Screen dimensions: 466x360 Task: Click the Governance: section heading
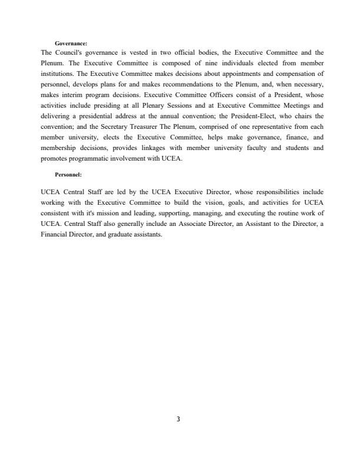click(x=71, y=44)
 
